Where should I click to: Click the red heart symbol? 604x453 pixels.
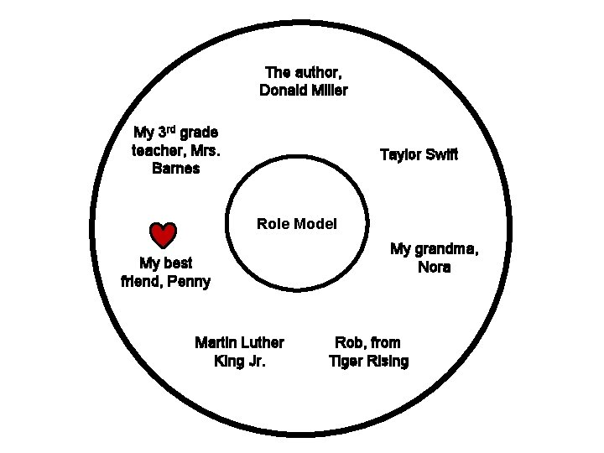click(162, 237)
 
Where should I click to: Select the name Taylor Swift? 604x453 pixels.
click(419, 155)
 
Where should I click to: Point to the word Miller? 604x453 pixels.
click(330, 90)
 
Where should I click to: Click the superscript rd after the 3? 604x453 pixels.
click(169, 128)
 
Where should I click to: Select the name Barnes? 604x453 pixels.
click(176, 169)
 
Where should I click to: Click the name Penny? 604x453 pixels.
click(189, 281)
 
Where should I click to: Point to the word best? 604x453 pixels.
click(178, 263)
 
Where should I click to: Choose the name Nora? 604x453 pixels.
click(434, 268)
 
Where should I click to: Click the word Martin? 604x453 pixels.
click(216, 342)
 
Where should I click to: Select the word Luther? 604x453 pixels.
click(262, 342)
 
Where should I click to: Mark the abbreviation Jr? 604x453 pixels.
click(257, 362)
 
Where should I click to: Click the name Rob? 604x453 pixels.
click(350, 342)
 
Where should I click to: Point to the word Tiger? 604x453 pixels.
click(346, 362)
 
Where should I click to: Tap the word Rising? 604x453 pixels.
click(388, 362)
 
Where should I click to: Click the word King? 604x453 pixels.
click(229, 362)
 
